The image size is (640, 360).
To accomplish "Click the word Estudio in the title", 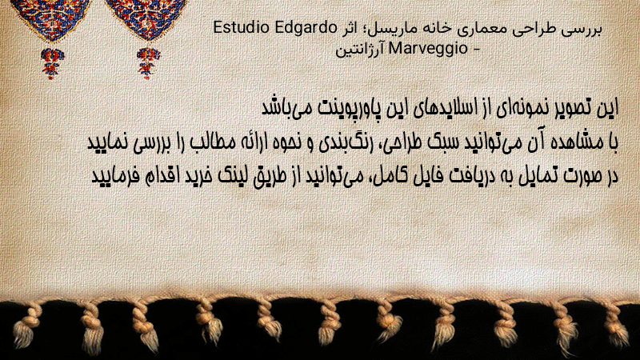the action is [242, 28].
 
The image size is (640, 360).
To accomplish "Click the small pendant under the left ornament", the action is [52, 63].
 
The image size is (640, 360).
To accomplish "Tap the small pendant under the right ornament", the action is [148, 63].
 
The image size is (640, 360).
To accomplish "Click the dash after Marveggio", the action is [475, 50].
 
